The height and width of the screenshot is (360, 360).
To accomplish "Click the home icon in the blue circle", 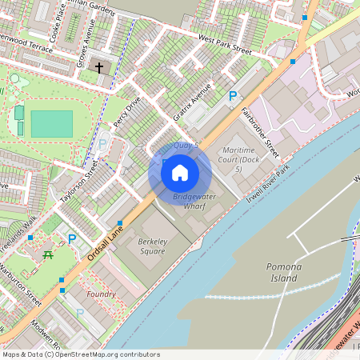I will pos(180,173).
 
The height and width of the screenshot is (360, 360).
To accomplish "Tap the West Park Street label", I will pos(225,44).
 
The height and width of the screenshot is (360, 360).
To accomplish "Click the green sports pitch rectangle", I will pos(51,123).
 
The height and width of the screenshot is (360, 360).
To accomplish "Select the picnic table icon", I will pos(49,254).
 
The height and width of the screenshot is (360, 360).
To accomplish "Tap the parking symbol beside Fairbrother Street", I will pos(233,96).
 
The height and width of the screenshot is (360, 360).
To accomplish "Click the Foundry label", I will pos(101,294).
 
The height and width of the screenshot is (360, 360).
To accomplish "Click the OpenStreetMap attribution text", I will pos(81,354).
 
